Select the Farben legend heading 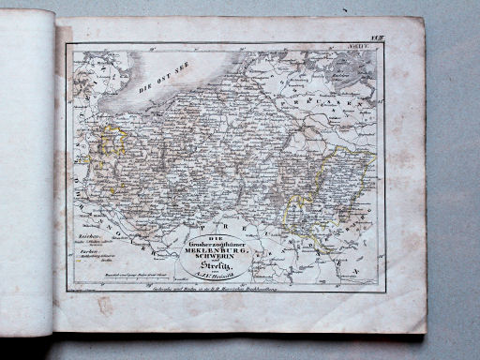tap(87, 251)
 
